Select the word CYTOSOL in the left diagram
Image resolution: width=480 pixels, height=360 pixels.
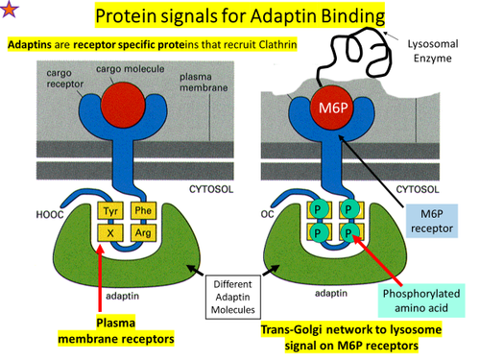[194, 189]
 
